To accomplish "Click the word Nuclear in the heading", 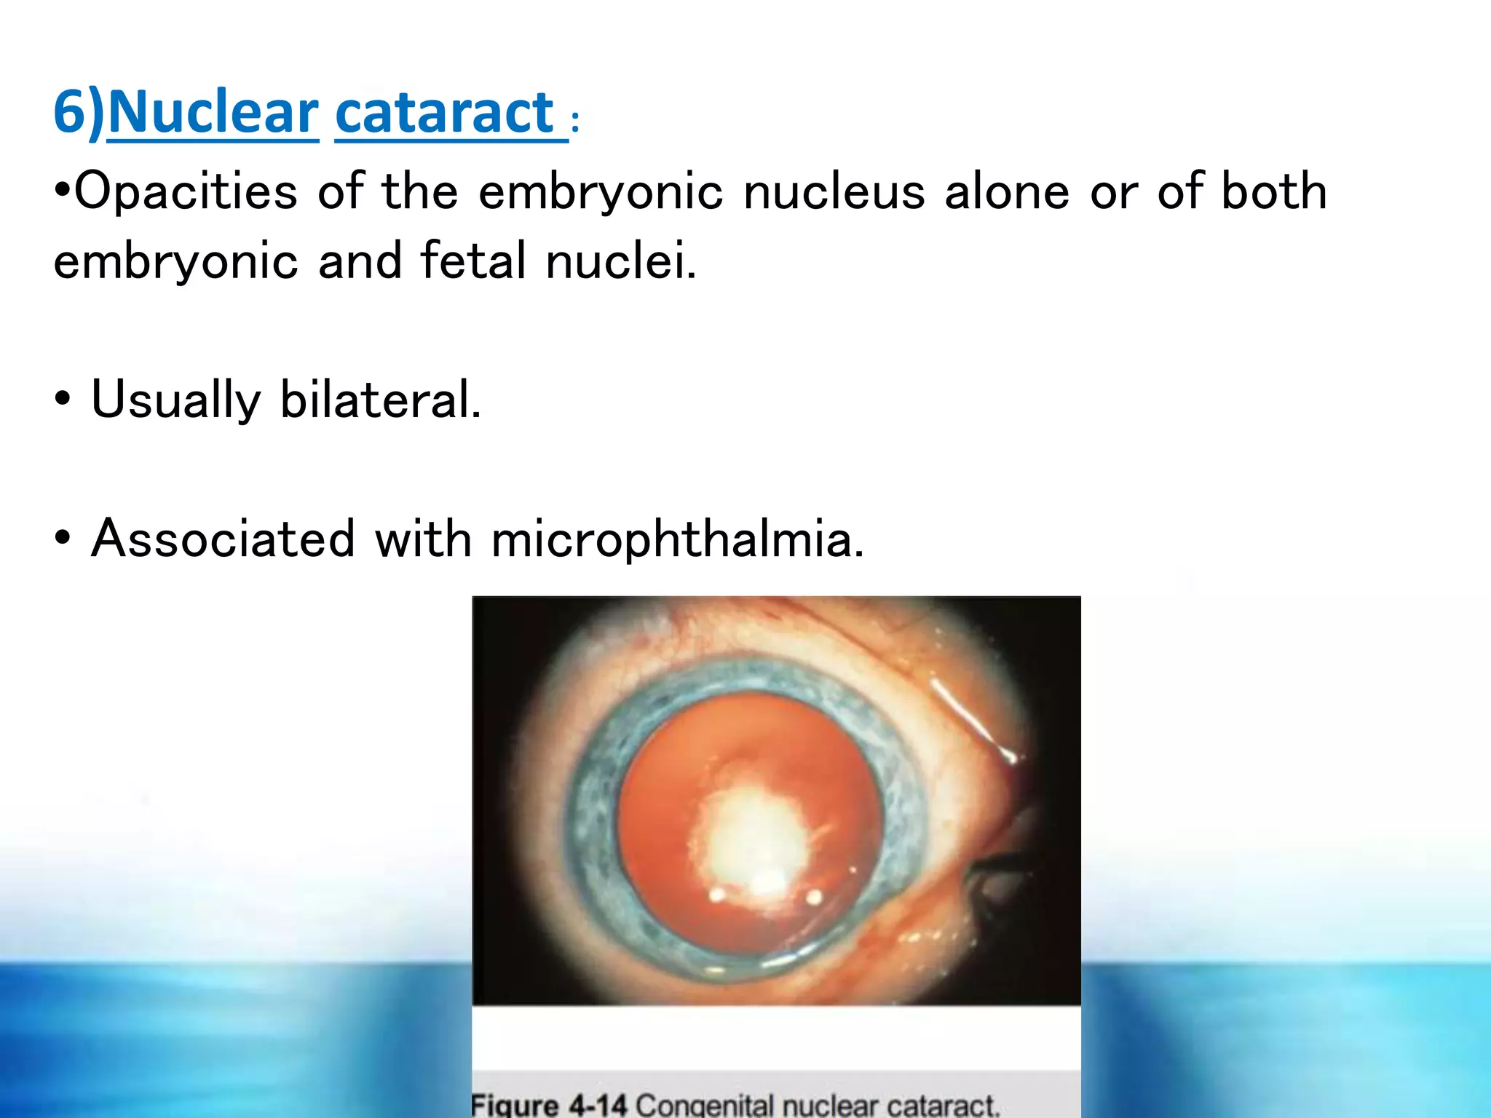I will point(213,113).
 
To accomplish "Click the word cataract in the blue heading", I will point(445,113).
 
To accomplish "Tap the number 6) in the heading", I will point(79,113).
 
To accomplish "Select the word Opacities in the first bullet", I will point(186,192).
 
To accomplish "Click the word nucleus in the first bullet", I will point(834,192).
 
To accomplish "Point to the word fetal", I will point(472,261).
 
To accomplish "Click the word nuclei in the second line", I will point(621,261).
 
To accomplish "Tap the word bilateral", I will point(380,400).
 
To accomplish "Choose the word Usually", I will point(175,400).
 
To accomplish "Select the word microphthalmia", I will point(678,539).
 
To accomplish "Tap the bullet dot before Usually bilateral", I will point(63,400).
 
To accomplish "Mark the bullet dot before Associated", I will point(63,539).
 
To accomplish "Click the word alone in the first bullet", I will point(1007,192).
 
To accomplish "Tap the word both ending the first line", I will point(1274,192).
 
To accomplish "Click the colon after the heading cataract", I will point(575,123).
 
